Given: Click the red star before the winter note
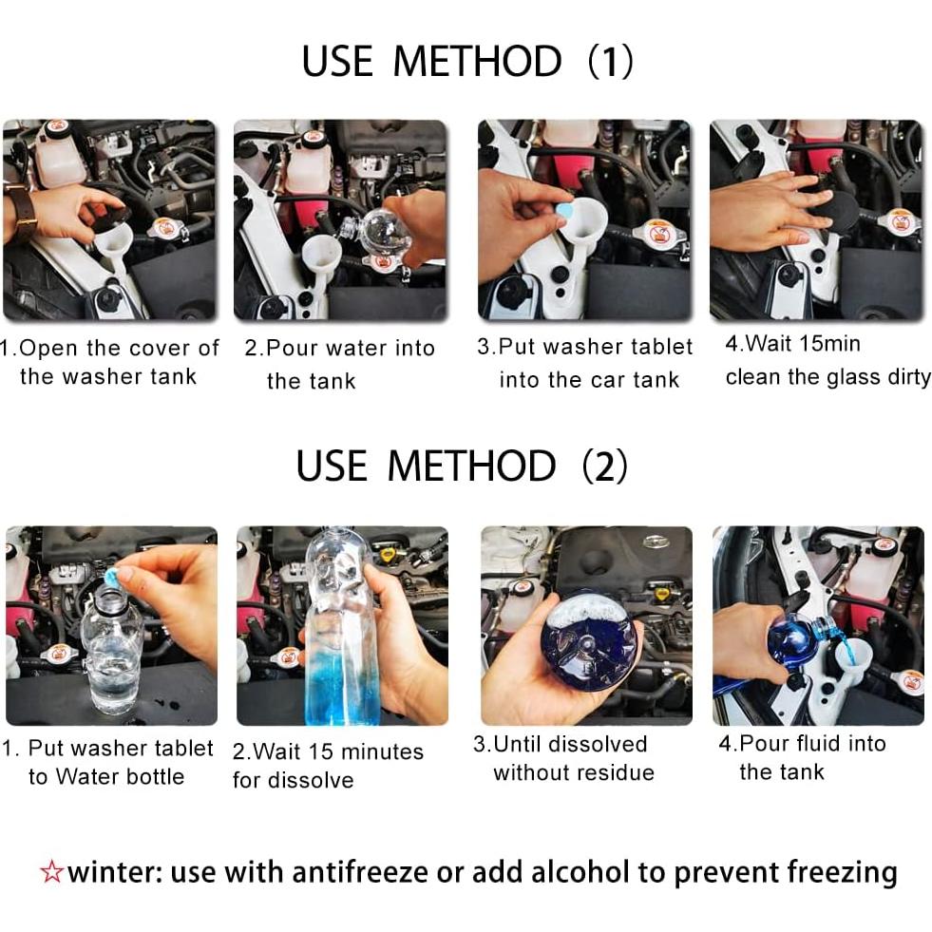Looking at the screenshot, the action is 51,872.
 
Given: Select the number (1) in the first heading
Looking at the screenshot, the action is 611,61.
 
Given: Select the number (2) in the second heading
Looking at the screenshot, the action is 604,466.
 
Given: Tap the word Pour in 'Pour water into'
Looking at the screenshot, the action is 293,349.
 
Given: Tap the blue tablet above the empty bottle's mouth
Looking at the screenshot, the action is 113,576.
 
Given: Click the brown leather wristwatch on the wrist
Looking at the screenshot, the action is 23,212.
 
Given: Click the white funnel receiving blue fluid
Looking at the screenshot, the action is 853,659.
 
